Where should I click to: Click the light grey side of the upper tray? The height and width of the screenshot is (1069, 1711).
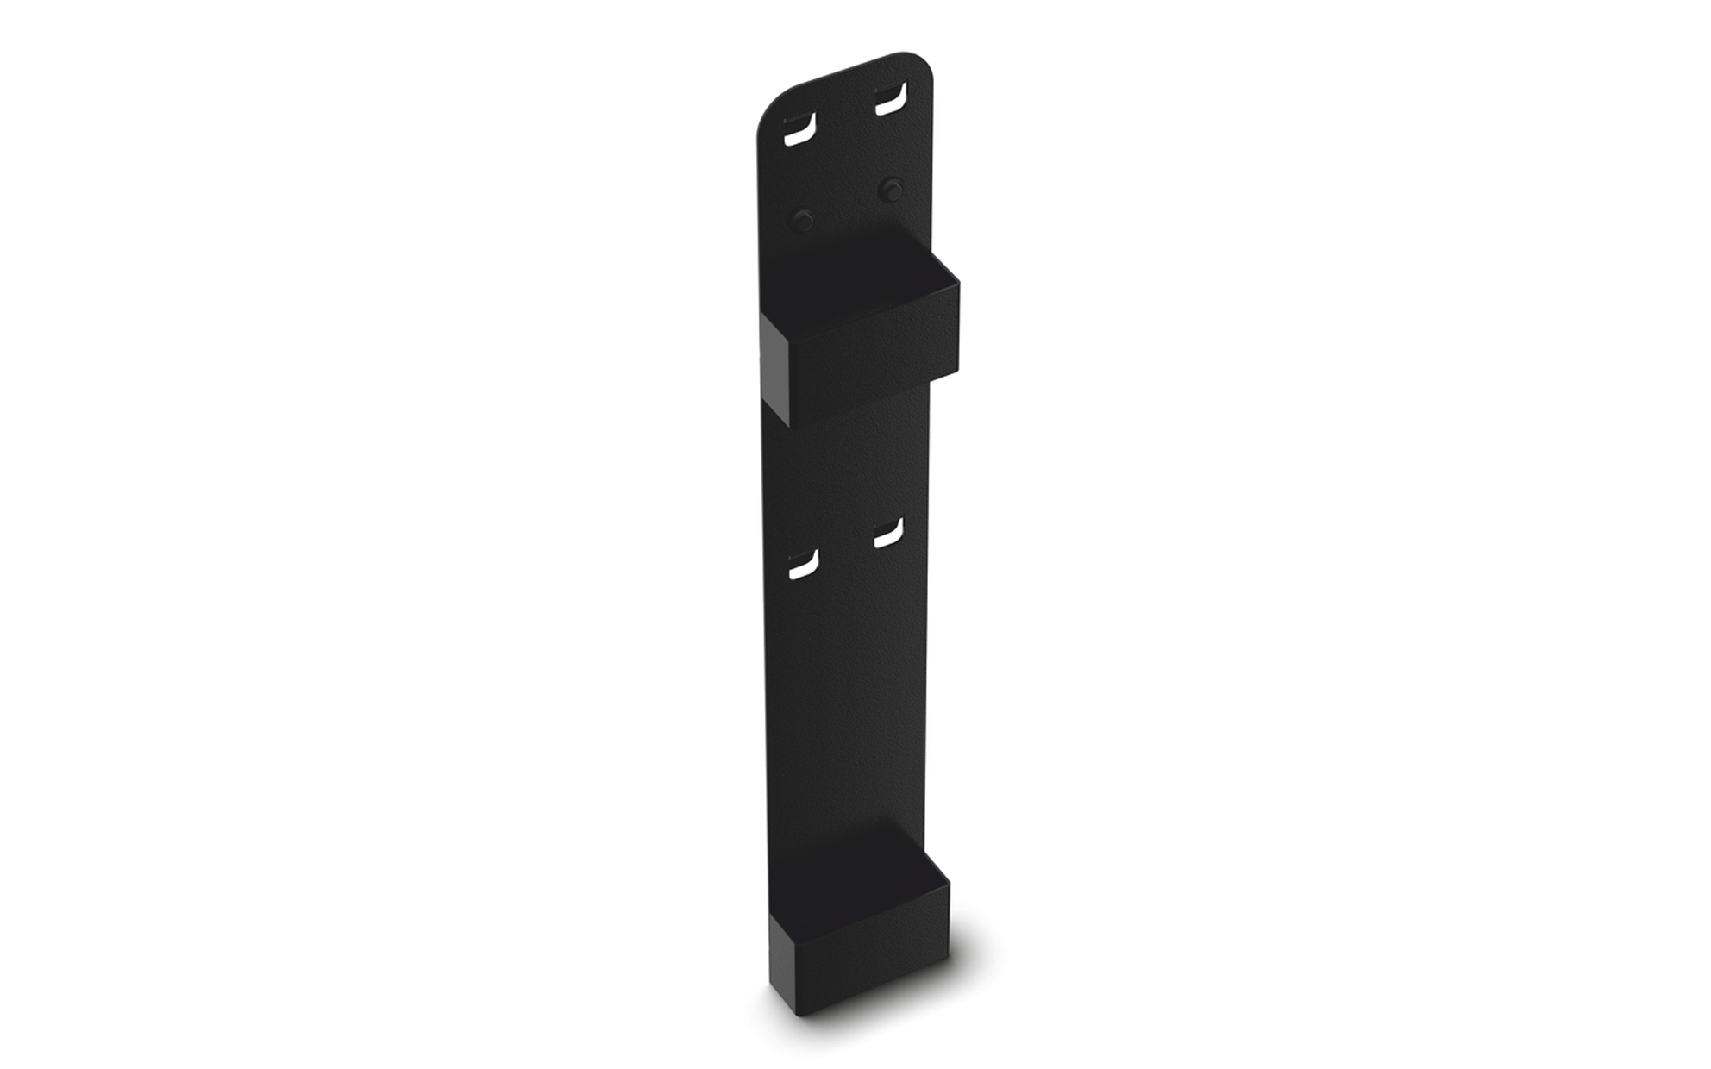774,366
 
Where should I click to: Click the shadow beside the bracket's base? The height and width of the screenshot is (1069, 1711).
966,974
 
